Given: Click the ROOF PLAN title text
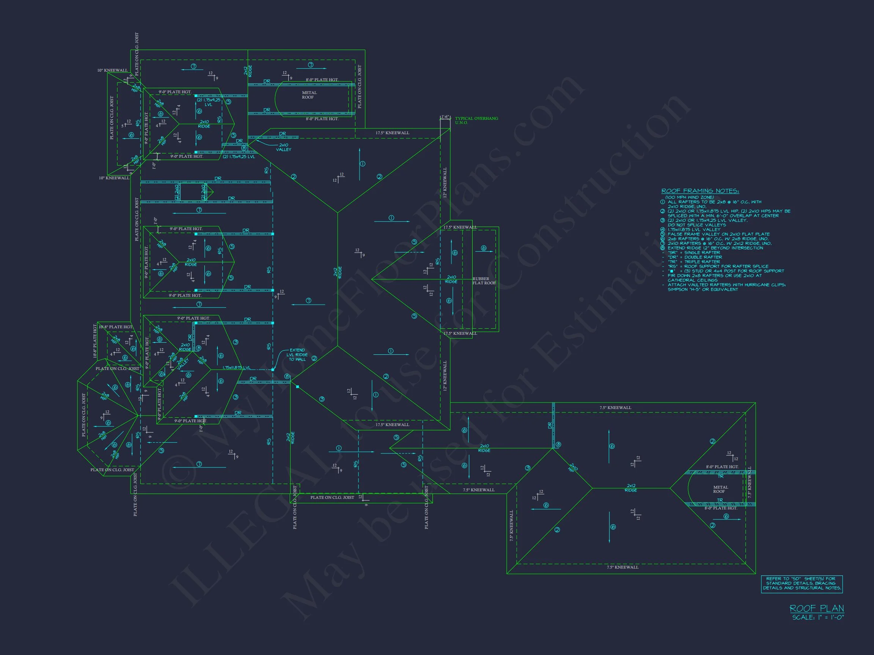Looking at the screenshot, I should (817, 608).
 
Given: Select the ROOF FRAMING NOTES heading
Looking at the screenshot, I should (700, 191).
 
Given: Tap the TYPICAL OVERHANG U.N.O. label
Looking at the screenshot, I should (476, 121).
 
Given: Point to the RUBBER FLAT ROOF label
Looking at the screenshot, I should (483, 281).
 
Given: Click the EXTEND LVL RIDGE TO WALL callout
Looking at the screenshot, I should (297, 354).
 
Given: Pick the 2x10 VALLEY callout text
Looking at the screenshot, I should (283, 147).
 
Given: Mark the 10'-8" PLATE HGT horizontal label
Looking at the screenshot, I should (116, 327).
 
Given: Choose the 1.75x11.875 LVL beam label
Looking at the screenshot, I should (236, 368).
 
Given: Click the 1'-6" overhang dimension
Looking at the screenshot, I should (445, 117).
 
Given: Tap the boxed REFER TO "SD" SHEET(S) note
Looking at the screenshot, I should (802, 583).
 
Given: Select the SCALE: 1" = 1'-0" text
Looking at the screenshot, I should (818, 617).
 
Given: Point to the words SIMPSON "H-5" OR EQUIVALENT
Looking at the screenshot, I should (703, 289).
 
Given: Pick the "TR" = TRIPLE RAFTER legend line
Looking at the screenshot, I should (694, 262).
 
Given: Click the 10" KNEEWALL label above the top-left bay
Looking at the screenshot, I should (113, 70).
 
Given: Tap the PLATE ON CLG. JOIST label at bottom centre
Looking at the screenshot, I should (332, 497).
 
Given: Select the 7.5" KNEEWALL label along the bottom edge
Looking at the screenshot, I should (622, 567).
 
